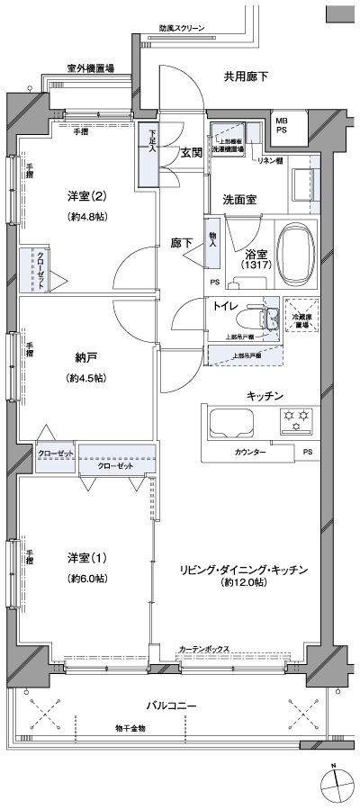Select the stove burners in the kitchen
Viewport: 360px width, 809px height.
297,417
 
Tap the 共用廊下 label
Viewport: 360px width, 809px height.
246,76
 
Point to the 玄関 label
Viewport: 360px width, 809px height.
190,152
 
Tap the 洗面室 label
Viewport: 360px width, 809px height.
240,199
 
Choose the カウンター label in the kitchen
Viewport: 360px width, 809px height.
249,452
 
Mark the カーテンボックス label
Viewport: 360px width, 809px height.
203,648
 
